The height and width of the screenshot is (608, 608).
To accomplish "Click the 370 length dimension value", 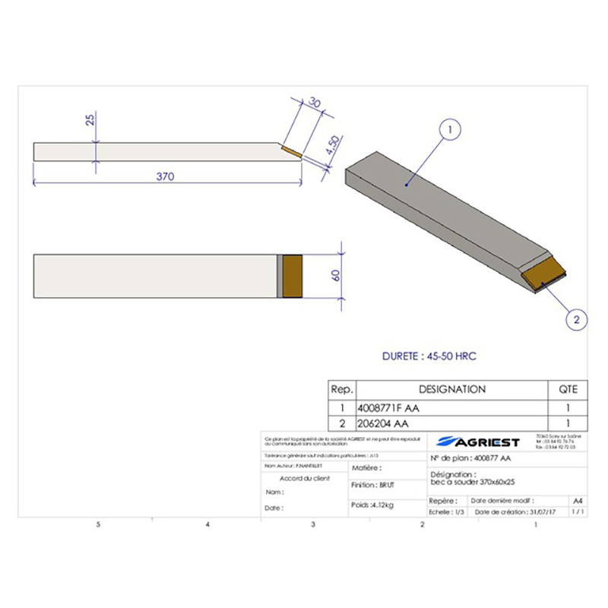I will (166, 176).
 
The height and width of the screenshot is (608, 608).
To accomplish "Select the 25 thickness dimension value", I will (90, 121).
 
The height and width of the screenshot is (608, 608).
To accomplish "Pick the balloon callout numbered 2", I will (576, 320).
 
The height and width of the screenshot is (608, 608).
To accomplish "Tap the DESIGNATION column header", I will (451, 389).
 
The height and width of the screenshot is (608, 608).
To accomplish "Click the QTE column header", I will (568, 389).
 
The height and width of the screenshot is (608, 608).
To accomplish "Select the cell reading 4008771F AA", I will (388, 408).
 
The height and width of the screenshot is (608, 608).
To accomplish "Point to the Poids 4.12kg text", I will (372, 503).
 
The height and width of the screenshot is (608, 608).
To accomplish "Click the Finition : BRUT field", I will (373, 484).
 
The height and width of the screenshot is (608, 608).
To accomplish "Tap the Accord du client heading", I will (305, 478).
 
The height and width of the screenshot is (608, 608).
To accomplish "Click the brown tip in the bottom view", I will (293, 274).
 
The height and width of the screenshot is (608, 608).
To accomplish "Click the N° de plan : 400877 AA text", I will (470, 459).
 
